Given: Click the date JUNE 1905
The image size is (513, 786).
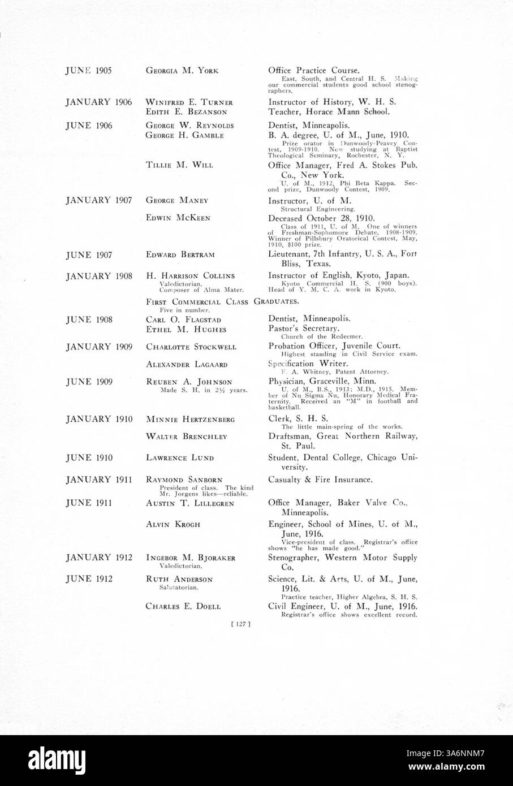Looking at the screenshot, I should pyautogui.click(x=89, y=71).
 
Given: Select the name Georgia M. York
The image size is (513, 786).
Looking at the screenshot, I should pyautogui.click(x=182, y=71).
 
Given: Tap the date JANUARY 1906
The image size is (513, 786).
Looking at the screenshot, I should pyautogui.click(x=98, y=102).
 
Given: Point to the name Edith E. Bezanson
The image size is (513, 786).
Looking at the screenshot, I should pyautogui.click(x=186, y=112).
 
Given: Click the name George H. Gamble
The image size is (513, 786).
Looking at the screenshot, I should pyautogui.click(x=184, y=135).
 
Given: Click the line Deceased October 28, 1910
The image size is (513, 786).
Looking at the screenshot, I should pyautogui.click(x=321, y=218).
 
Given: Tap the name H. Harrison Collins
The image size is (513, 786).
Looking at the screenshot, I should pyautogui.click(x=190, y=276).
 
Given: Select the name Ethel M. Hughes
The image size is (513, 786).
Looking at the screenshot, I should pyautogui.click(x=186, y=329).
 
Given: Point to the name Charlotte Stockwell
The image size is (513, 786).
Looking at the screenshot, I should pyautogui.click(x=191, y=347).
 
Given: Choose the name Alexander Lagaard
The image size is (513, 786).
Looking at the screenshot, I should pyautogui.click(x=186, y=365).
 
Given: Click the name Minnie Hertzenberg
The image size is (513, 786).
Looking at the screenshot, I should pyautogui.click(x=190, y=420).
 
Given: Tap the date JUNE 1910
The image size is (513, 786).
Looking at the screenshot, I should pyautogui.click(x=89, y=458).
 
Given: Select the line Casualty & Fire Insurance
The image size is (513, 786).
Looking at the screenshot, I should pyautogui.click(x=320, y=480).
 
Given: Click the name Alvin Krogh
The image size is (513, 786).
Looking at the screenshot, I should pyautogui.click(x=173, y=525).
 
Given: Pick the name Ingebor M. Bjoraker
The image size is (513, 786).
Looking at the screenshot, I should pyautogui.click(x=191, y=558).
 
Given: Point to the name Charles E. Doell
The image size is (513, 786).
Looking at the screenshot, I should pyautogui.click(x=183, y=607).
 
